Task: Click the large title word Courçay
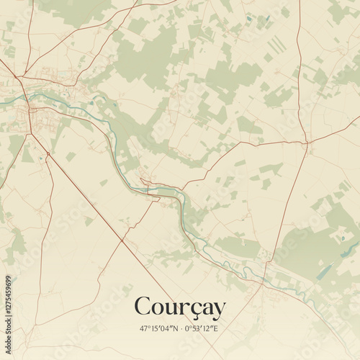tap(179, 307)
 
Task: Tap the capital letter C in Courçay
tap(143, 307)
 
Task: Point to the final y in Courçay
tap(217, 310)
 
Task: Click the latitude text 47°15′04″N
tap(157, 329)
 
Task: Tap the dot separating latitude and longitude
tap(180, 329)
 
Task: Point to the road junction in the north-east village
tap(307, 143)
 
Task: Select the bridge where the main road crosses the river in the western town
tap(31, 103)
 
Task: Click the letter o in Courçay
tap(158, 310)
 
